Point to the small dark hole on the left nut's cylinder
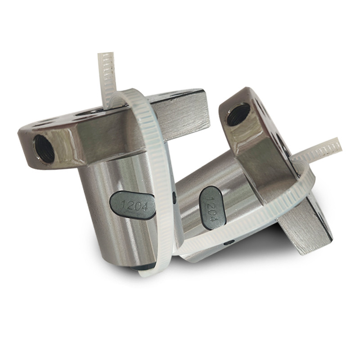[174, 196]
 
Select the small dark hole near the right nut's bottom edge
[229, 243]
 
